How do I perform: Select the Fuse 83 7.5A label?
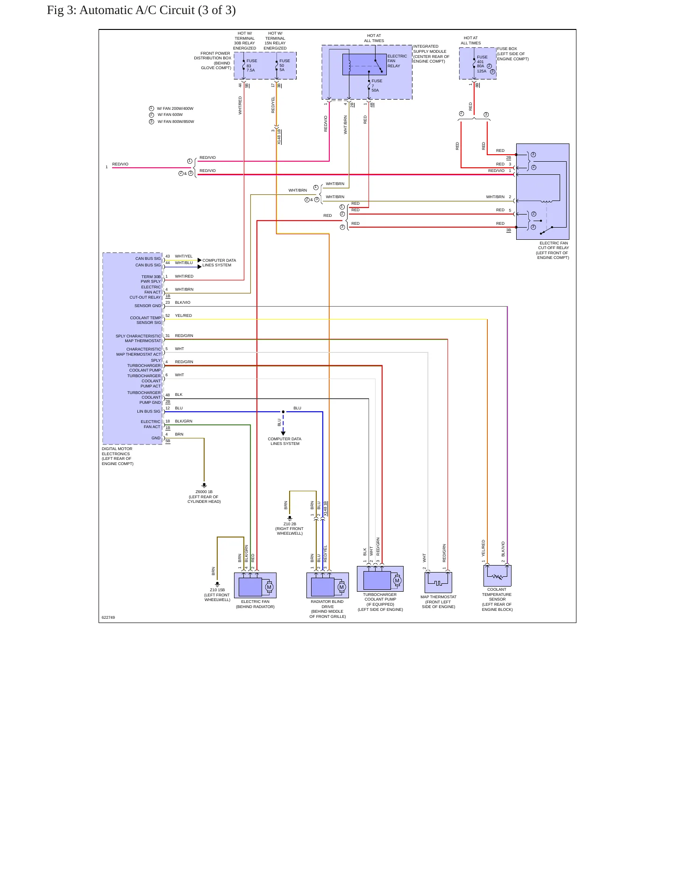pyautogui.click(x=251, y=65)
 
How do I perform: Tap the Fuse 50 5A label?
pyautogui.click(x=284, y=65)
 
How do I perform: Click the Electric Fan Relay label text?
pyautogui.click(x=397, y=61)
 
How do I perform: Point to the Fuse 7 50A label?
pyautogui.click(x=377, y=86)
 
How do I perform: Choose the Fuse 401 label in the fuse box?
pyautogui.click(x=482, y=59)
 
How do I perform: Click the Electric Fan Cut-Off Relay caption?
pyautogui.click(x=553, y=251)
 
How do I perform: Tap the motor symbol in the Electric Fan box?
pyautogui.click(x=269, y=587)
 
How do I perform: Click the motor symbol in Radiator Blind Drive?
pyautogui.click(x=341, y=587)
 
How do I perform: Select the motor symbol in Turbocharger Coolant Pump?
pyautogui.click(x=397, y=580)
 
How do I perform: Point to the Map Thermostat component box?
pyautogui.click(x=438, y=582)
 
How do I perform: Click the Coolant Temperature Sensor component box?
pyautogui.click(x=497, y=576)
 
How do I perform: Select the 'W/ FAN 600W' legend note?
pyautogui.click(x=170, y=115)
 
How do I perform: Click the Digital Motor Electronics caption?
pyautogui.click(x=118, y=456)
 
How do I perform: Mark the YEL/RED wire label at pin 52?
pyautogui.click(x=184, y=315)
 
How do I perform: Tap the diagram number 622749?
pyautogui.click(x=108, y=617)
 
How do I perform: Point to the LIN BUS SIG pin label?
pyautogui.click(x=149, y=412)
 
